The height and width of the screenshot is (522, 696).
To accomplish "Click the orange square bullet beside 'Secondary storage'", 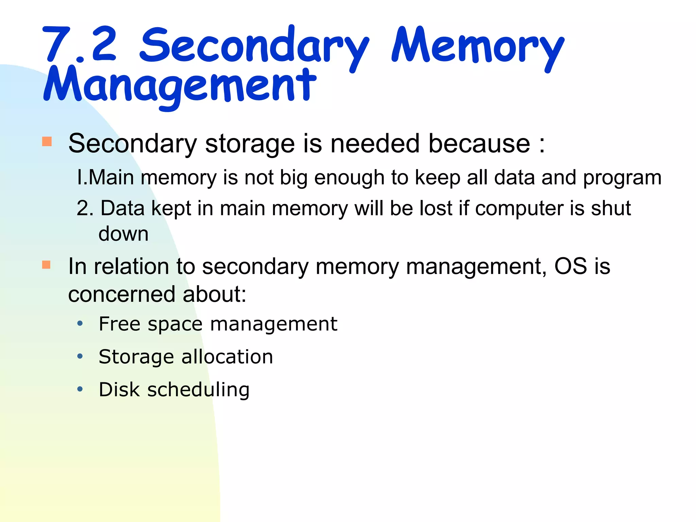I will click(47, 141).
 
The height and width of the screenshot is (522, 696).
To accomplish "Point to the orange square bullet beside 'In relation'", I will click(47, 265).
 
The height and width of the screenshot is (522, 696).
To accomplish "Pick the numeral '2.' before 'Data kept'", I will click(85, 208).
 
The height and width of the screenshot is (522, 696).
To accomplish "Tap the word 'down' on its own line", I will click(123, 234).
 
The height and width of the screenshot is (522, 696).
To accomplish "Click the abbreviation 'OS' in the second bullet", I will click(570, 266).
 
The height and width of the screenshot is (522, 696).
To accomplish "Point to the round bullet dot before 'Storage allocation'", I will click(80, 356).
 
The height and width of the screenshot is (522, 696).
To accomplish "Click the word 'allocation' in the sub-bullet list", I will click(227, 357).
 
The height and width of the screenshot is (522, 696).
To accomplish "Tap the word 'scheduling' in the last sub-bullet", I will click(198, 390).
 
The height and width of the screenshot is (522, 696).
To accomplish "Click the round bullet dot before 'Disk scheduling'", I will click(80, 389).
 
